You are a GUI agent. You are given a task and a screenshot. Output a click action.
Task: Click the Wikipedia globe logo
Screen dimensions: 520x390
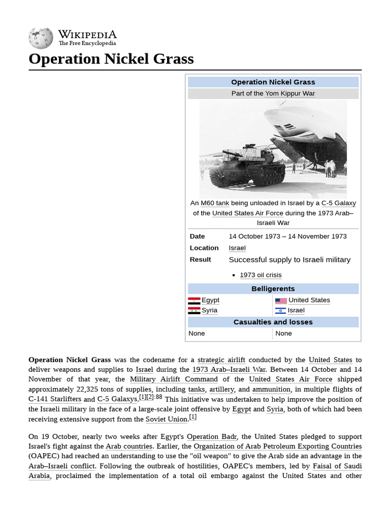(41, 38)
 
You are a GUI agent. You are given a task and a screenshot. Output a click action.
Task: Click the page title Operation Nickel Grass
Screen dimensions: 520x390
(111, 59)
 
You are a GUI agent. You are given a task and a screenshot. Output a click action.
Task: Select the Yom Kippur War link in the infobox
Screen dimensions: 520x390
(290, 93)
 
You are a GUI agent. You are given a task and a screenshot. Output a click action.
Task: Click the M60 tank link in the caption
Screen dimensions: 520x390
(215, 203)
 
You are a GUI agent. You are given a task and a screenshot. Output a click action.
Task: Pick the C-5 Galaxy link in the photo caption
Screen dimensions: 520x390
(338, 203)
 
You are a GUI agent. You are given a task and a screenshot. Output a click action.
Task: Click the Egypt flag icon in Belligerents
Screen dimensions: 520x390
(194, 301)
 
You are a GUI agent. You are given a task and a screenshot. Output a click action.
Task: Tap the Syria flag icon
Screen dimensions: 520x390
(194, 311)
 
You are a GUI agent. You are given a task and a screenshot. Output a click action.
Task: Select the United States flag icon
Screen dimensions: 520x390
(281, 301)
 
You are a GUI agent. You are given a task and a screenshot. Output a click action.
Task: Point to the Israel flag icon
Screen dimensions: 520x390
(281, 311)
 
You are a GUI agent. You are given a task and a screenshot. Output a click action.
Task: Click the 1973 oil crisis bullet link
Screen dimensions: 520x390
(261, 275)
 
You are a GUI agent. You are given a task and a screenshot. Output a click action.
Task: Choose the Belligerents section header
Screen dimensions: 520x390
(273, 289)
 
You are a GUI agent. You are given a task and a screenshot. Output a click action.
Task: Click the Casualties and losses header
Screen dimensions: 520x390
(273, 322)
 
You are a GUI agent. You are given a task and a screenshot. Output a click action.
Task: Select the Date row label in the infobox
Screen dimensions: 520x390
(198, 236)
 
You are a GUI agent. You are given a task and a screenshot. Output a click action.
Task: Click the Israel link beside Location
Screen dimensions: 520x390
(237, 248)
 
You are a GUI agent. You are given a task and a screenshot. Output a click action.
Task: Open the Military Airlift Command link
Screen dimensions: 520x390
(174, 379)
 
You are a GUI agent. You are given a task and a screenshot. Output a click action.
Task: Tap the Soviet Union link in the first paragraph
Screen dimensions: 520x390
(167, 419)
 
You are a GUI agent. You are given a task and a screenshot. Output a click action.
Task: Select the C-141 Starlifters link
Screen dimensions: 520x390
(55, 399)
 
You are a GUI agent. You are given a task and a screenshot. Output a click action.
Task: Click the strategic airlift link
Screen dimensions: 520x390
(221, 360)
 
